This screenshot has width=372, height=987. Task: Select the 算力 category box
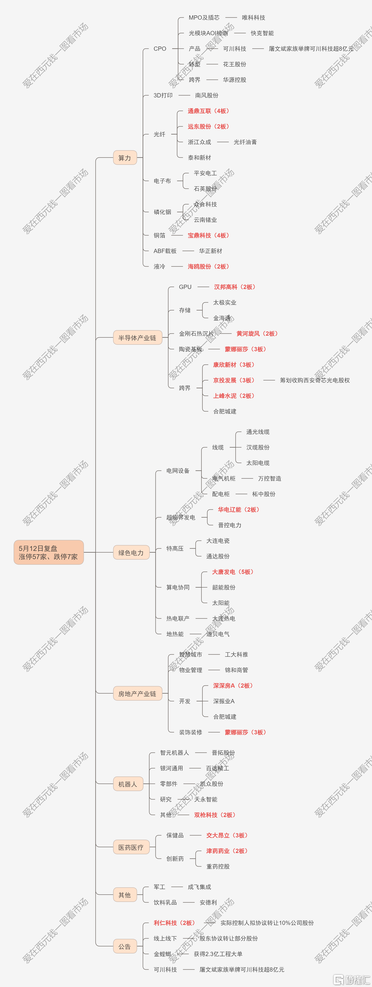pyautogui.click(x=125, y=158)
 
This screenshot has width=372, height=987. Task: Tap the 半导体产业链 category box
pyautogui.click(x=137, y=338)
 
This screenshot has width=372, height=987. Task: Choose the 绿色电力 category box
pyautogui.click(x=131, y=552)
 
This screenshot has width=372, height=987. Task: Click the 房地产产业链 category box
pyautogui.click(x=137, y=693)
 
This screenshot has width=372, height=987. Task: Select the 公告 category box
pyautogui.click(x=125, y=946)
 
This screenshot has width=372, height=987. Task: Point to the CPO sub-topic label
pyautogui.click(x=160, y=49)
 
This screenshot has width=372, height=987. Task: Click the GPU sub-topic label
pyautogui.click(x=185, y=287)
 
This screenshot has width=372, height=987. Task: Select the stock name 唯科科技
pyautogui.click(x=254, y=18)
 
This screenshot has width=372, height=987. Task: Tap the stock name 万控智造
pyautogui.click(x=270, y=479)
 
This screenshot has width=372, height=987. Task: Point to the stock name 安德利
pyautogui.click(x=208, y=902)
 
